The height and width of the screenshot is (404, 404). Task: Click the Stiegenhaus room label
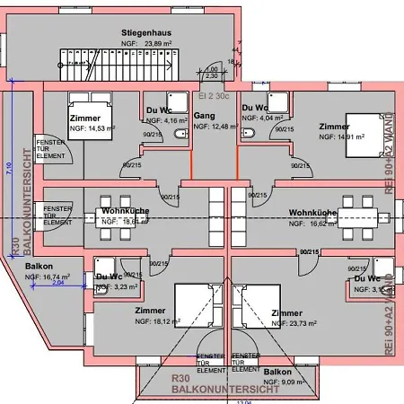(148, 32)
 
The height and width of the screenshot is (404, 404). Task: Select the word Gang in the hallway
(203, 116)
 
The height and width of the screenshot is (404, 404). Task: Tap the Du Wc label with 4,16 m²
(159, 110)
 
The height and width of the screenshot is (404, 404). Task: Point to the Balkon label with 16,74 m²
(39, 267)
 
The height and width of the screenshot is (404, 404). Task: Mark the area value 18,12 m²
(155, 321)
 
